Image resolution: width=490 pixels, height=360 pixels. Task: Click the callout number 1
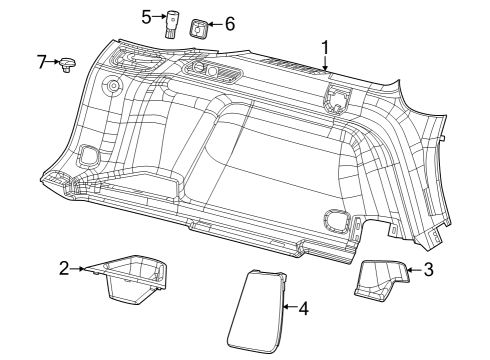coord(323,47)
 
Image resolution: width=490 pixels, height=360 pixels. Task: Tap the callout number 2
coord(64,268)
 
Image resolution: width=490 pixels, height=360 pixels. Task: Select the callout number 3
coord(428,269)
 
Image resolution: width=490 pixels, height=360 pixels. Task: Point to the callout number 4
coord(303,308)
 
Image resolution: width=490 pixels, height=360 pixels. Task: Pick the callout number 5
coord(146,16)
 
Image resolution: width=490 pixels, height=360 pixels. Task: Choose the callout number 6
coord(229,22)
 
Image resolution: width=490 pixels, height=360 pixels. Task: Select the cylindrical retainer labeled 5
coord(171,22)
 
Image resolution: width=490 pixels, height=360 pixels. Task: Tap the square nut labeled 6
coord(199,26)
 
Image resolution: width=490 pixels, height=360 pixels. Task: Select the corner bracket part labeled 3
coord(380,280)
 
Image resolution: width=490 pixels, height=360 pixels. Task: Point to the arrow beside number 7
coord(56,63)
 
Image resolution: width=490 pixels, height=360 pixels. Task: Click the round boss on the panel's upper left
coord(113,87)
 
